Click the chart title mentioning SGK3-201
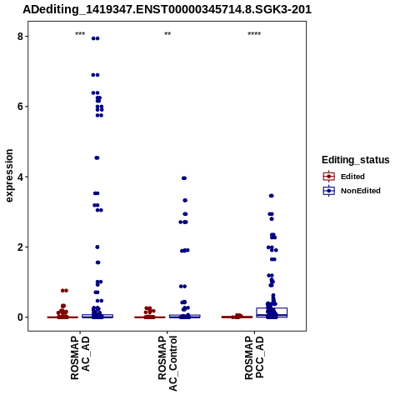tap(167, 10)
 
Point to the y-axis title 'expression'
tap(9, 176)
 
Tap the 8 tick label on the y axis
tap(21, 37)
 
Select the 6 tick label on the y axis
tap(21, 107)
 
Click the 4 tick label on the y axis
tap(21, 177)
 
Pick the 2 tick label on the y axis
tap(21, 247)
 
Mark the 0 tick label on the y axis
tap(21, 317)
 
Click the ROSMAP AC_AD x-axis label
tap(80, 357)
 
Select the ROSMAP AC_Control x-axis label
tap(167, 363)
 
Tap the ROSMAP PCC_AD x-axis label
tap(254, 357)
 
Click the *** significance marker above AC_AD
tap(80, 34)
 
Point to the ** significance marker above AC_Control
tap(167, 34)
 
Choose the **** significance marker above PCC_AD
tap(254, 34)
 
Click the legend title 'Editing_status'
tap(356, 160)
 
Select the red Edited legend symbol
tap(329, 177)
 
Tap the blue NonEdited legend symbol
tap(329, 191)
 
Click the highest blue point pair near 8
tap(96, 38)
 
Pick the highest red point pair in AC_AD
tap(64, 291)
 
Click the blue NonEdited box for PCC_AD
tap(272, 312)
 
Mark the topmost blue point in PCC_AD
tap(272, 196)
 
